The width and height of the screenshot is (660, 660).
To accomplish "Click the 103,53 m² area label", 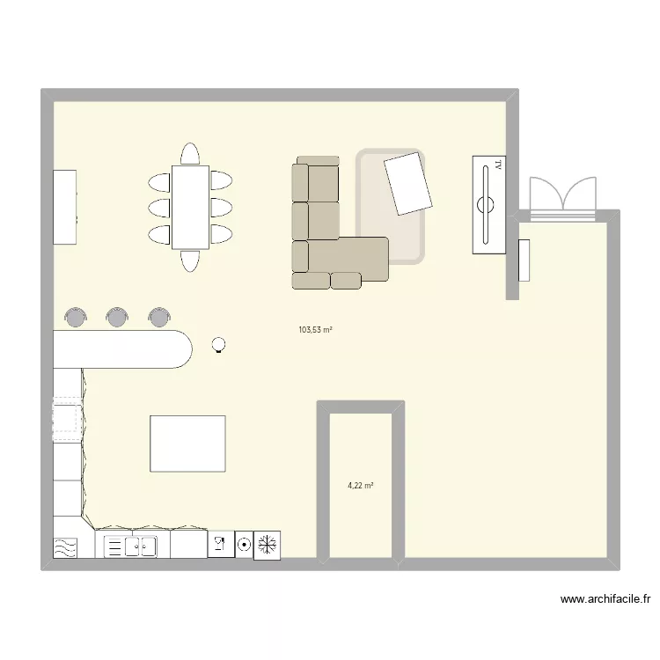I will [315, 330].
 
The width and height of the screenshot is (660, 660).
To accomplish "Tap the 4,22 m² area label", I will [361, 485].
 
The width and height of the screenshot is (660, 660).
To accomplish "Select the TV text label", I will [497, 165].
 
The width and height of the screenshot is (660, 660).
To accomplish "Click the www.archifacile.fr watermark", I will [605, 599].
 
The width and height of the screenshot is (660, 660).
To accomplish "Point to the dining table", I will [190, 208].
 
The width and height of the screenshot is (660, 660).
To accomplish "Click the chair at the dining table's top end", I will [189, 155].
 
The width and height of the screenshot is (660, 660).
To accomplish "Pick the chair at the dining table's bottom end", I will [190, 260].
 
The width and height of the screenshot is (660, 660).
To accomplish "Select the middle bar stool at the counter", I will [117, 316].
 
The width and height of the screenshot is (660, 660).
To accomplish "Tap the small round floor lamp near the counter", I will [219, 345].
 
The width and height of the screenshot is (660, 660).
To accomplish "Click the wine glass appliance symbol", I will [219, 545].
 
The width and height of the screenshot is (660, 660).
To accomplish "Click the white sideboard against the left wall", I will [65, 207].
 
